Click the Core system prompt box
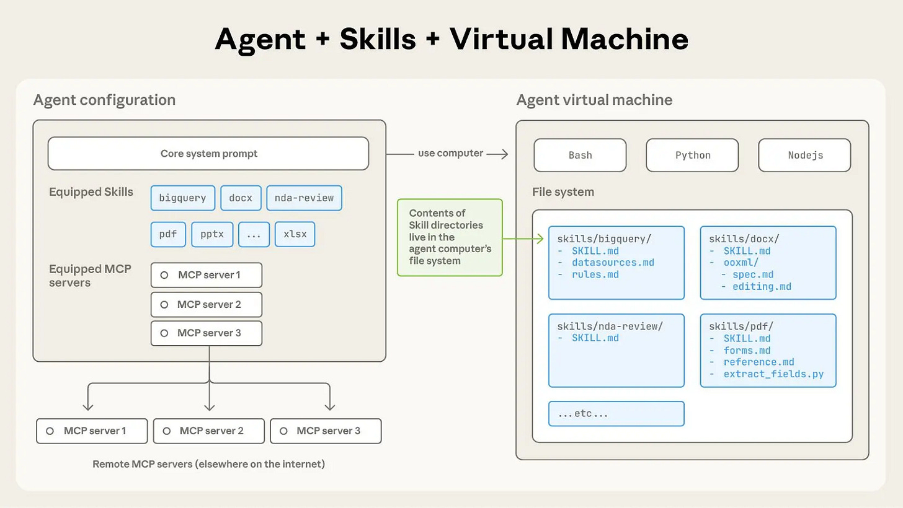208,154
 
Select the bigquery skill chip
182,198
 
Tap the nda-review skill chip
304,198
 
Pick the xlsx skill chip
295,235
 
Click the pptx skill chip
212,235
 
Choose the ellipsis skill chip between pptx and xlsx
254,235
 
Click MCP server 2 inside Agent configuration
206,305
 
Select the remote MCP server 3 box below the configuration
326,431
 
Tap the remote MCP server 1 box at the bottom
92,431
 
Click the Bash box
580,155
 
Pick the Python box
692,155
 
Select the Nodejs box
804,155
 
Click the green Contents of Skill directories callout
450,237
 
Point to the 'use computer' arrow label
450,153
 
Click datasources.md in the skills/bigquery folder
613,263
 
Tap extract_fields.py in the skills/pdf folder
773,374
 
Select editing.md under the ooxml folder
762,286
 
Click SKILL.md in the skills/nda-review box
595,338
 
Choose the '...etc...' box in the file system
616,414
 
